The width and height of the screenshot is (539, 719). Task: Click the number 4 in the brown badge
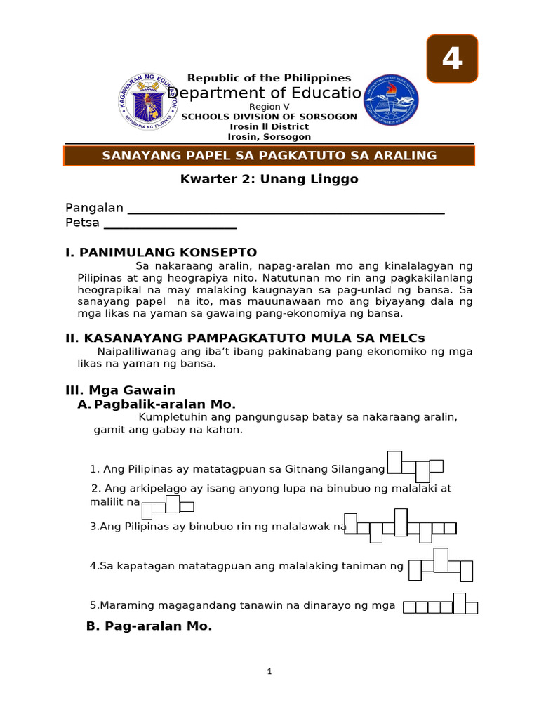[452, 58]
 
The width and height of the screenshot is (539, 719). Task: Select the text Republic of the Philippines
[269, 78]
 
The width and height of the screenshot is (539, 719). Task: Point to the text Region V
[269, 106]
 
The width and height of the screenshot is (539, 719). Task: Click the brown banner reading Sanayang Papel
[269, 156]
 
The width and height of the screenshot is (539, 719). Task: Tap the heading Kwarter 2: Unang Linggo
[269, 179]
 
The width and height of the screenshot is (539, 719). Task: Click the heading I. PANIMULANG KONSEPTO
[161, 252]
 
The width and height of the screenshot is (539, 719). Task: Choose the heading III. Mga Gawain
[120, 390]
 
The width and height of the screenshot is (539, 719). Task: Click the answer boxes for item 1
[415, 467]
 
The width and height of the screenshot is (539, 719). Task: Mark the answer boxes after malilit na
[167, 506]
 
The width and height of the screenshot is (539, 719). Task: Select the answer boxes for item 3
[400, 527]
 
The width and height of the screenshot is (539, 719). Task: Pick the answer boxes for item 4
[441, 567]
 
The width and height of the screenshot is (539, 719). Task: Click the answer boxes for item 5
[440, 606]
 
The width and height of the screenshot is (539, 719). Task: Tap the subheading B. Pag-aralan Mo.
[149, 626]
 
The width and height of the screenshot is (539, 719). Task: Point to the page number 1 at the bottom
[269, 672]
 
